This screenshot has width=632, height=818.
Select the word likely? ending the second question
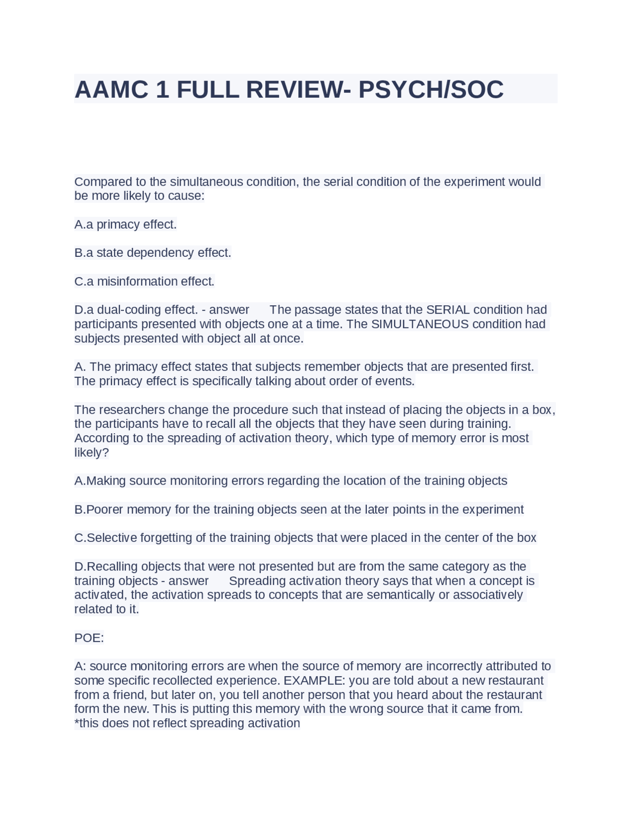click(x=91, y=452)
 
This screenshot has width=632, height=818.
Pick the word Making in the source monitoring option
click(x=106, y=481)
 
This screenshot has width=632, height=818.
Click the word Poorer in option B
click(x=105, y=509)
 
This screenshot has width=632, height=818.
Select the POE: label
click(x=89, y=638)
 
